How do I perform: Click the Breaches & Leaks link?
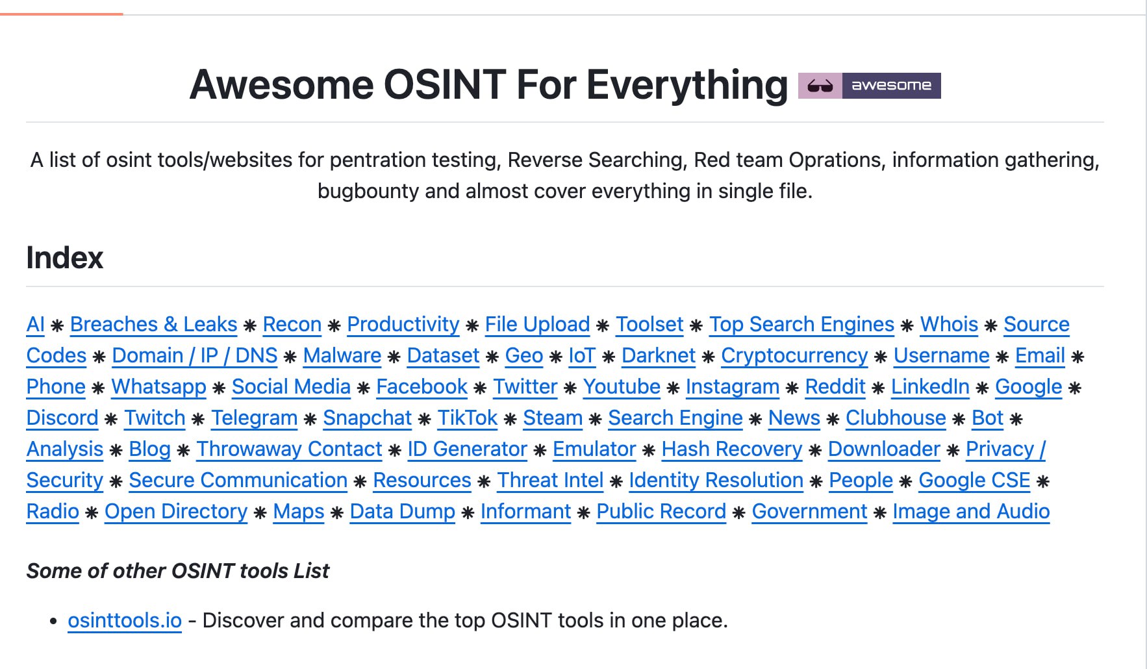153,324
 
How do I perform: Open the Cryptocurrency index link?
794,355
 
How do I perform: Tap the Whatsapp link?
158,386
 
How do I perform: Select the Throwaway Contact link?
289,449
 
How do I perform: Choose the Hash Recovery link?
732,449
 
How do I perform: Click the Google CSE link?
974,480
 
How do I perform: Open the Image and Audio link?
971,511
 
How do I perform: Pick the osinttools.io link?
125,620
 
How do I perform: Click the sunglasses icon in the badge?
820,86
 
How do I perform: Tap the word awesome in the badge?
891,86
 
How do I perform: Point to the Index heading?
64,258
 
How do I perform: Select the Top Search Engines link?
801,324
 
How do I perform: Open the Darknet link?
658,355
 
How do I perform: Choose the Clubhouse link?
896,418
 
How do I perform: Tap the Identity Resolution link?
716,480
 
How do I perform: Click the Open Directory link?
176,511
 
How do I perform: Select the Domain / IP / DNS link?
195,355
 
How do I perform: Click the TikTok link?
468,418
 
